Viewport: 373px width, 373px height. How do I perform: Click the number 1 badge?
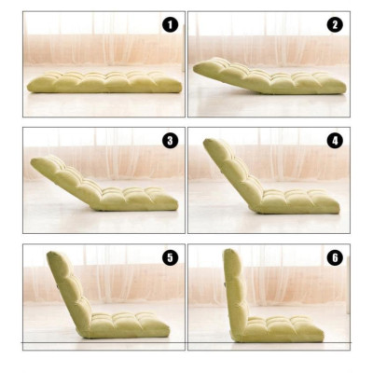[x=170, y=25]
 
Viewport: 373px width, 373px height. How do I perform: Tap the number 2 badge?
[x=335, y=25]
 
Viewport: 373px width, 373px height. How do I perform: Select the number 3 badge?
[x=170, y=141]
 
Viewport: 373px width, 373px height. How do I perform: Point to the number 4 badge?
[x=335, y=141]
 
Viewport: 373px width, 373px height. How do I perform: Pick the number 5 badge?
[x=170, y=258]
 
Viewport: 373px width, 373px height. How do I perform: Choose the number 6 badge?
[x=335, y=258]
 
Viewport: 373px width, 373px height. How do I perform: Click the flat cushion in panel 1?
[x=104, y=82]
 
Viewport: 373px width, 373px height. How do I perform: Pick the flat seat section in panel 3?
[x=140, y=199]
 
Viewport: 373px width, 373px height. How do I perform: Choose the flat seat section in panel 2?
[x=298, y=85]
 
